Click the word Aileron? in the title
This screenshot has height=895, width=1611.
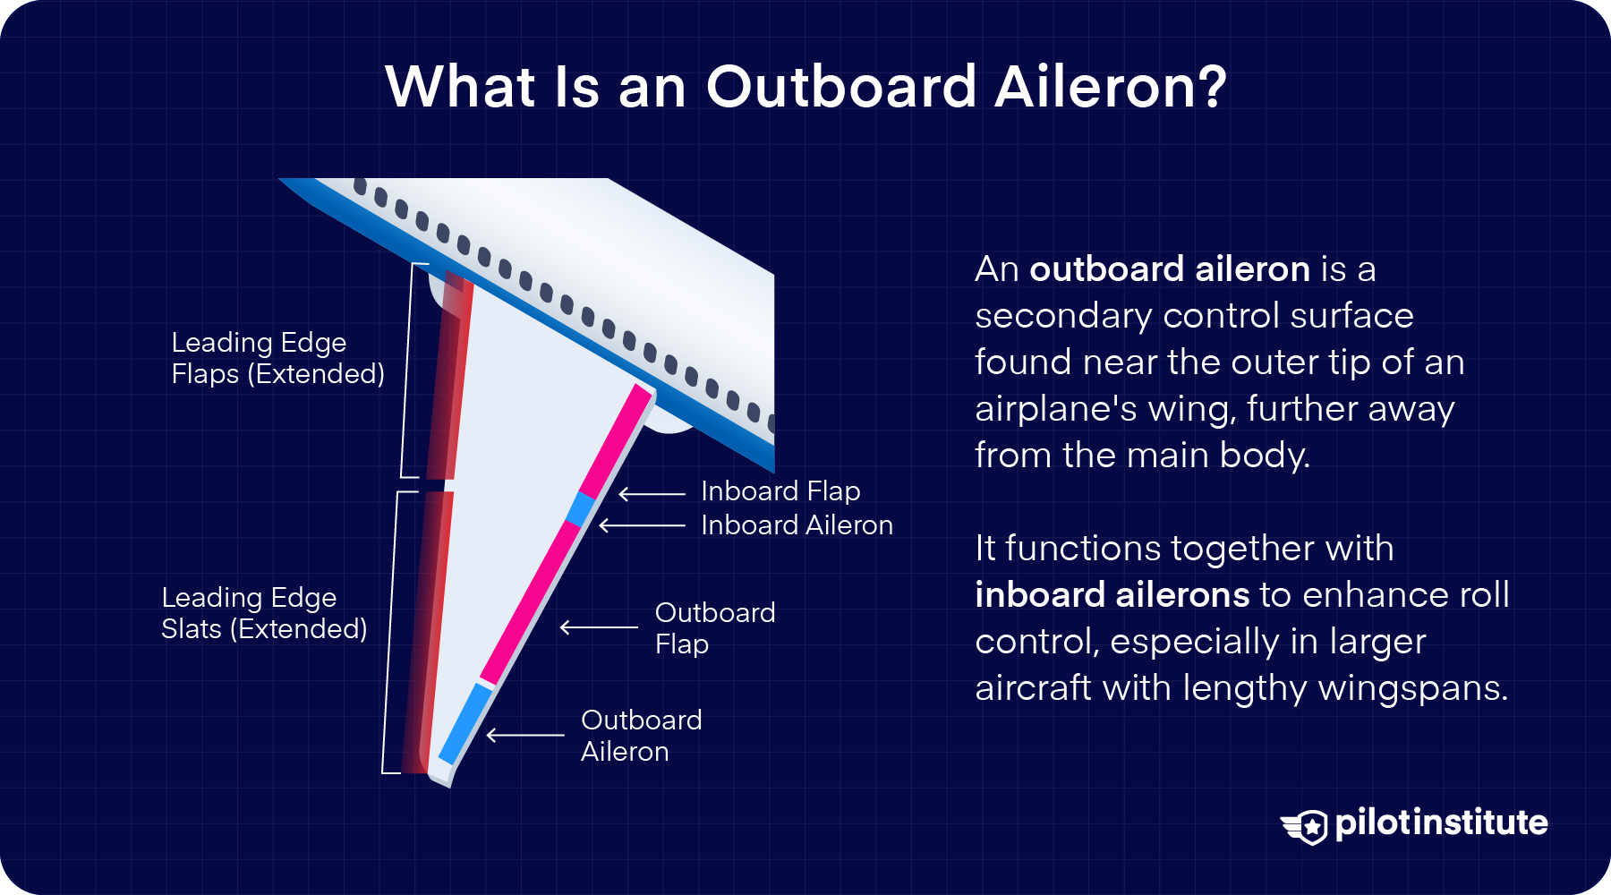click(x=1110, y=88)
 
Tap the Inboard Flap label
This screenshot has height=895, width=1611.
click(x=780, y=491)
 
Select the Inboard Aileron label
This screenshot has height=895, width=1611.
click(x=797, y=525)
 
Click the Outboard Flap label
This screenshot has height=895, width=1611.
click(x=714, y=628)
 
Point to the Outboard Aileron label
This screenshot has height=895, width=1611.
click(x=641, y=736)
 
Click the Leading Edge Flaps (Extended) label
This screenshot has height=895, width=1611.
click(x=277, y=358)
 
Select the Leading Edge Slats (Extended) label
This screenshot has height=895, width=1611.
click(x=264, y=613)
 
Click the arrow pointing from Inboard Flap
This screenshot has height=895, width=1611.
click(x=652, y=493)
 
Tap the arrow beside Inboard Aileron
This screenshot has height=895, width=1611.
click(x=642, y=526)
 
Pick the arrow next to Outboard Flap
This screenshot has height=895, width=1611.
click(x=599, y=627)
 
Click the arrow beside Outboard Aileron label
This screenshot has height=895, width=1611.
click(x=525, y=736)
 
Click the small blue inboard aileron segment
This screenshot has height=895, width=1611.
click(x=581, y=508)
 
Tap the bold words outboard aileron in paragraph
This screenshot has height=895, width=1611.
click(x=1169, y=269)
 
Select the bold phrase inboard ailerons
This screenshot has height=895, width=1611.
click(x=1112, y=595)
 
